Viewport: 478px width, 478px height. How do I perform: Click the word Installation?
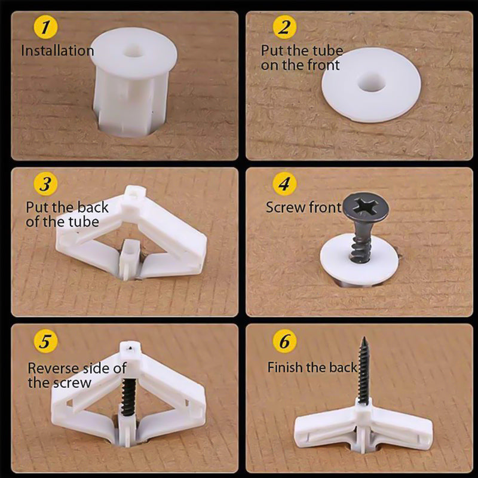pyautogui.click(x=57, y=51)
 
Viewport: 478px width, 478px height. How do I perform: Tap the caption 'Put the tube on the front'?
pyautogui.click(x=302, y=58)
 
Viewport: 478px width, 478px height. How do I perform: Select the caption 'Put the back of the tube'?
pyautogui.click(x=67, y=215)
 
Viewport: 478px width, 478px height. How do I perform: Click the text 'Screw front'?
pyautogui.click(x=304, y=208)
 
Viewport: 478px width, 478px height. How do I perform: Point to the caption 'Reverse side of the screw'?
pyautogui.click(x=76, y=375)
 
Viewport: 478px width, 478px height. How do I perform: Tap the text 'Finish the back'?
pyautogui.click(x=312, y=367)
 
